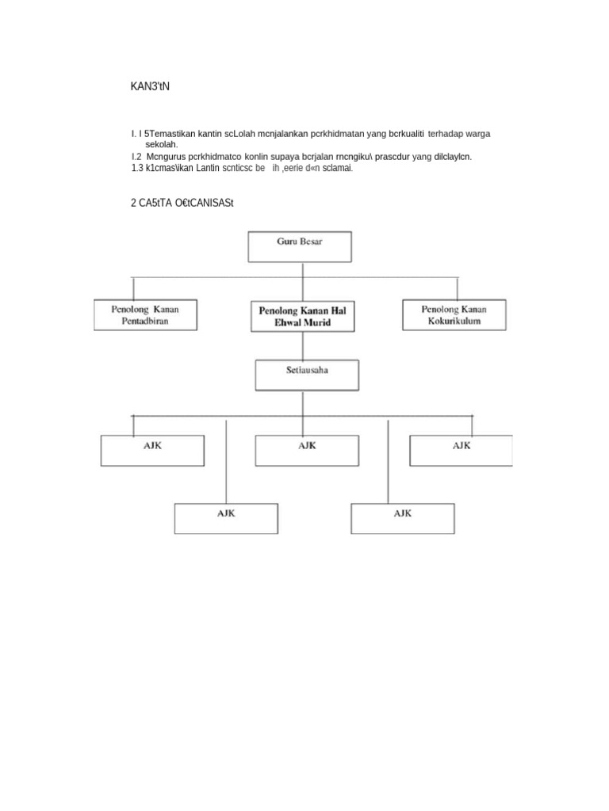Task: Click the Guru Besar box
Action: click(x=300, y=246)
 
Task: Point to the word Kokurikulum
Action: click(x=454, y=322)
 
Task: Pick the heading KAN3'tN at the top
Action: click(x=150, y=86)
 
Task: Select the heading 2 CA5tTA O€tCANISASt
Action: click(x=182, y=204)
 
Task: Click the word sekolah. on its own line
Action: click(x=162, y=146)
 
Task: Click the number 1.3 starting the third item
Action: click(x=137, y=168)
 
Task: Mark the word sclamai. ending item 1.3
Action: click(x=338, y=168)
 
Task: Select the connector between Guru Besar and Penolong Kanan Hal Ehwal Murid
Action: click(x=301, y=281)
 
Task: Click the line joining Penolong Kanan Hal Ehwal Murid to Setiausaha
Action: click(x=303, y=345)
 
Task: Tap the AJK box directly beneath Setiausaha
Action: click(x=306, y=450)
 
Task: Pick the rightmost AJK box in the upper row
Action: click(x=461, y=450)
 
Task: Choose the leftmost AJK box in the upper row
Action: click(x=151, y=450)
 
